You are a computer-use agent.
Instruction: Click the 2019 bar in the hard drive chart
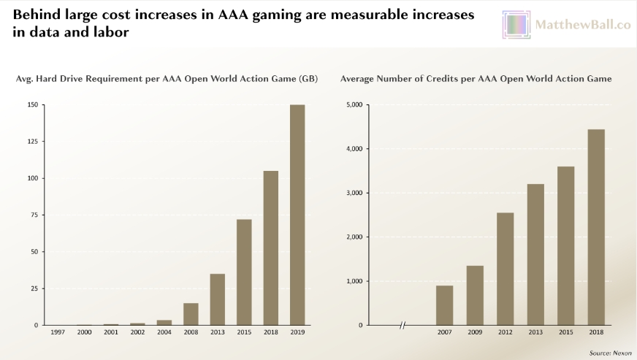click(x=297, y=215)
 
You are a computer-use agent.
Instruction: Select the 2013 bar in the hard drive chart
click(x=217, y=299)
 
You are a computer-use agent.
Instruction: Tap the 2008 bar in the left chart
click(x=191, y=314)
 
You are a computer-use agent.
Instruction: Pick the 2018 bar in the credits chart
click(x=596, y=227)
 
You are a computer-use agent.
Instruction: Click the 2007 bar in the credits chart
click(x=444, y=305)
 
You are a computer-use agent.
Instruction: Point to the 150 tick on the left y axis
click(x=32, y=105)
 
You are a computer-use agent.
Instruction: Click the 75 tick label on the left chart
click(x=34, y=215)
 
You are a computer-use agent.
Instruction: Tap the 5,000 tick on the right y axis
click(x=354, y=105)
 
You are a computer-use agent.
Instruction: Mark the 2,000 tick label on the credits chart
click(x=354, y=237)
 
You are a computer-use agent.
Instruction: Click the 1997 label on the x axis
click(x=58, y=332)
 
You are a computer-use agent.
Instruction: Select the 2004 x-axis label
click(x=164, y=332)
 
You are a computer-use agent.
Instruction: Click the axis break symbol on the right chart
click(x=403, y=325)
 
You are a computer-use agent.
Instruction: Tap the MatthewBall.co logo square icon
click(x=516, y=25)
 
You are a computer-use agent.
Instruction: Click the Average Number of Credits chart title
click(x=476, y=78)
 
